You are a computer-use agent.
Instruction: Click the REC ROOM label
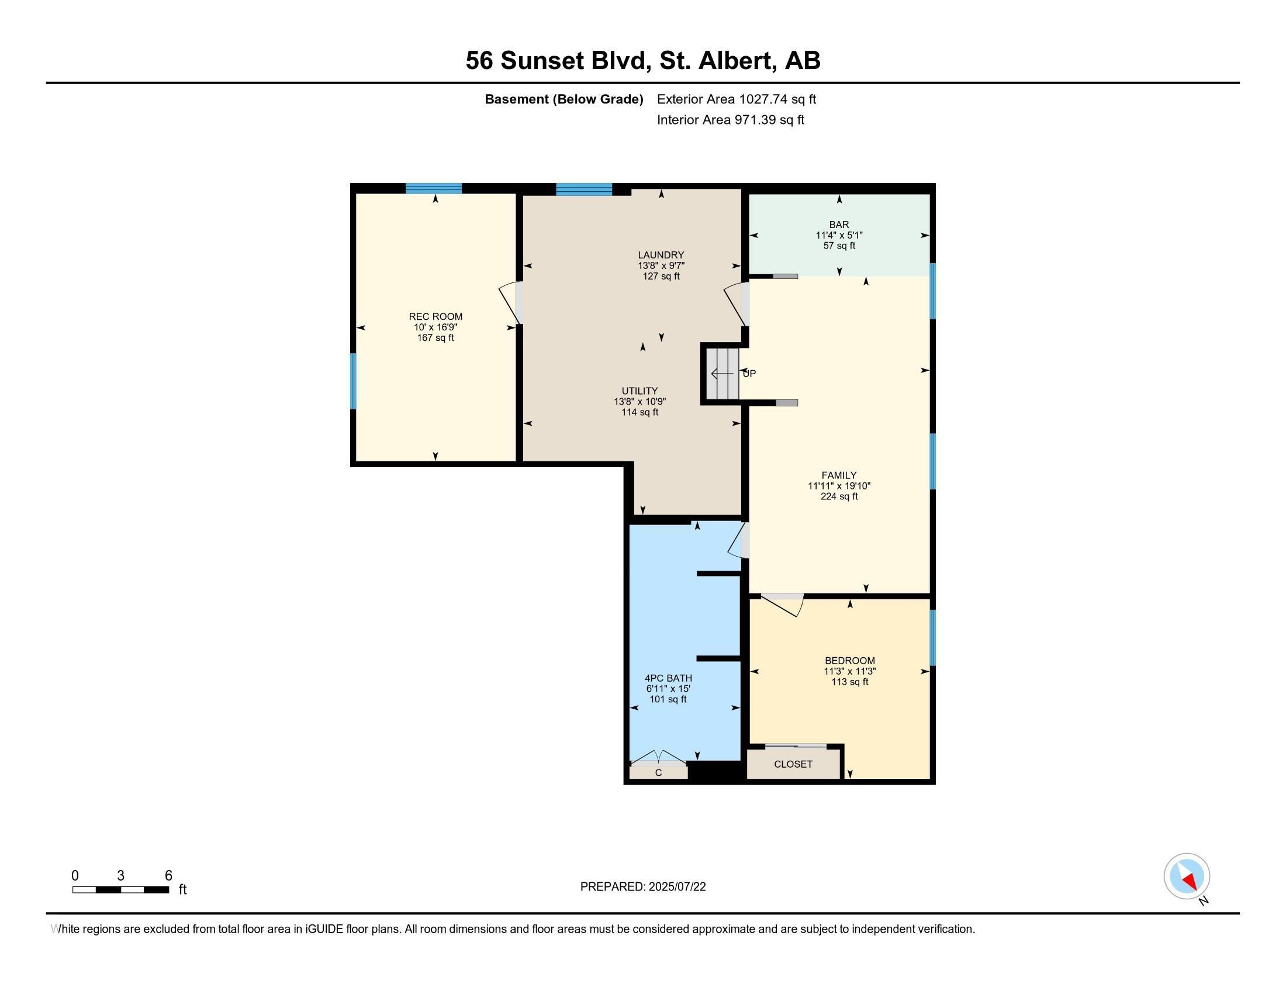click(x=435, y=316)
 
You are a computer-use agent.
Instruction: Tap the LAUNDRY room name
click(x=661, y=255)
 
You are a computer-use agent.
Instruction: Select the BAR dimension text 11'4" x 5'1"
click(x=839, y=235)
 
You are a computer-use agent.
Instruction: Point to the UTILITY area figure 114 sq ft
click(x=640, y=412)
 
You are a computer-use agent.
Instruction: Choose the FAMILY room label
click(x=839, y=475)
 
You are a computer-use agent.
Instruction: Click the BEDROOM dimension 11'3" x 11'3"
click(x=850, y=671)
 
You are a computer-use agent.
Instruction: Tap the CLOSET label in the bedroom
click(x=793, y=764)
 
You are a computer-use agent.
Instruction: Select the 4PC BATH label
click(x=668, y=678)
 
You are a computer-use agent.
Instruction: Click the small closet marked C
click(x=658, y=772)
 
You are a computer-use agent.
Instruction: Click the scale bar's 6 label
click(x=168, y=876)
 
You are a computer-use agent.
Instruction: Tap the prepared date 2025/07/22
click(x=676, y=887)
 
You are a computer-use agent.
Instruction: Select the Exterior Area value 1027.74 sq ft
click(x=778, y=99)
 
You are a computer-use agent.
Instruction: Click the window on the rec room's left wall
click(x=353, y=381)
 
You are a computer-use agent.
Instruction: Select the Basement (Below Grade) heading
click(x=564, y=99)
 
